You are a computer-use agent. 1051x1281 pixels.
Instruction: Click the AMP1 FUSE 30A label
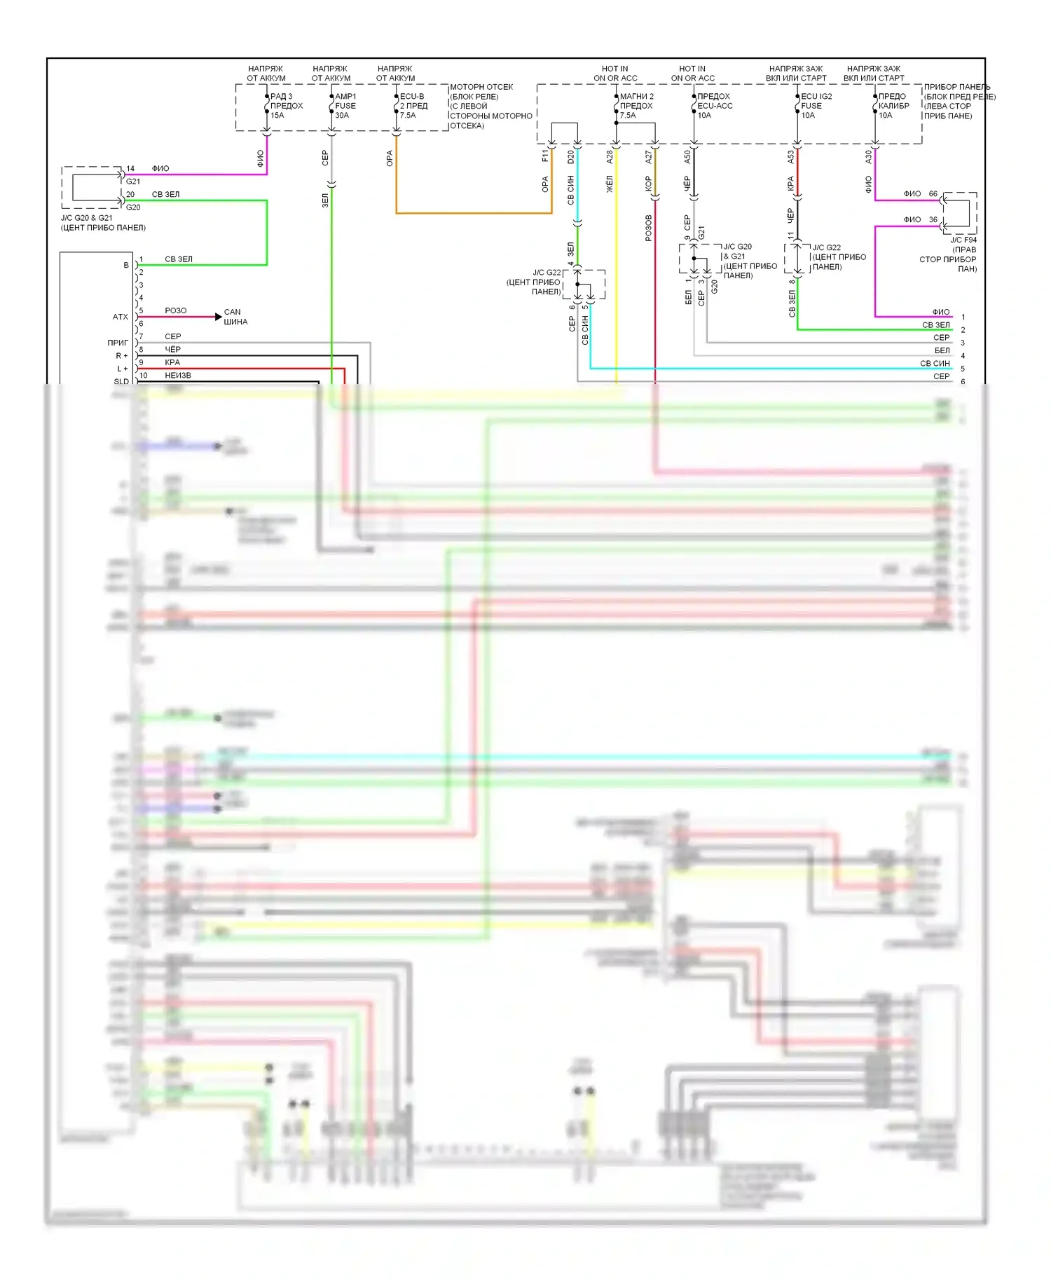click(x=345, y=106)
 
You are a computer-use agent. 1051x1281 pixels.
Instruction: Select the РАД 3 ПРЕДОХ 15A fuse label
click(x=286, y=106)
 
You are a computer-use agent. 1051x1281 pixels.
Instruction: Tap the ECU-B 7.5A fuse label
click(x=413, y=106)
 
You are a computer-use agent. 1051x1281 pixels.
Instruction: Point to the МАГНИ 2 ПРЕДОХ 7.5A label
click(x=636, y=106)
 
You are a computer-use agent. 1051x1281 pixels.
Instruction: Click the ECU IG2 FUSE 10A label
click(x=816, y=106)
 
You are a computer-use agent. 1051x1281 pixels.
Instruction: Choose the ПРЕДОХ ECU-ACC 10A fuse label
click(x=714, y=106)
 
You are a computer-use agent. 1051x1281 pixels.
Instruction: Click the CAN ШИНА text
click(x=235, y=317)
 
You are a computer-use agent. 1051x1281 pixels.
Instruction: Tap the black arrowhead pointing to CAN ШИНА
click(x=219, y=317)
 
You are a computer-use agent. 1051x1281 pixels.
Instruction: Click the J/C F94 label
click(x=963, y=240)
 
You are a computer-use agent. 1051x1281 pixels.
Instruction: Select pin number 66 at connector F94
click(x=933, y=194)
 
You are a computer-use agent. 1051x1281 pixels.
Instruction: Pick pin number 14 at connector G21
click(x=130, y=169)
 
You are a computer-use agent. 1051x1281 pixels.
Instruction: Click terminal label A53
click(x=791, y=157)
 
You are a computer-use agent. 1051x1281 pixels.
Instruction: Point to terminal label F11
click(x=545, y=156)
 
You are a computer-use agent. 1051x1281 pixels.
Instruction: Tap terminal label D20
click(x=571, y=157)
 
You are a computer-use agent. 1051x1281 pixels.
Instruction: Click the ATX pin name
click(x=121, y=317)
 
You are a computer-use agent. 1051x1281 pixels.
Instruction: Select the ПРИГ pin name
click(x=118, y=343)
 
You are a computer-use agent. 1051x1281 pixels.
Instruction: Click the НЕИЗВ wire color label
click(x=178, y=376)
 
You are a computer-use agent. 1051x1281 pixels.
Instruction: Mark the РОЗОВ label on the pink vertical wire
click(x=648, y=228)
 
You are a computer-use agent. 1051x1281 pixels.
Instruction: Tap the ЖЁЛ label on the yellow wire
click(x=610, y=184)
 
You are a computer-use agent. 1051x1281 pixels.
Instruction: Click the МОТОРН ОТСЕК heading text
click(x=481, y=87)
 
